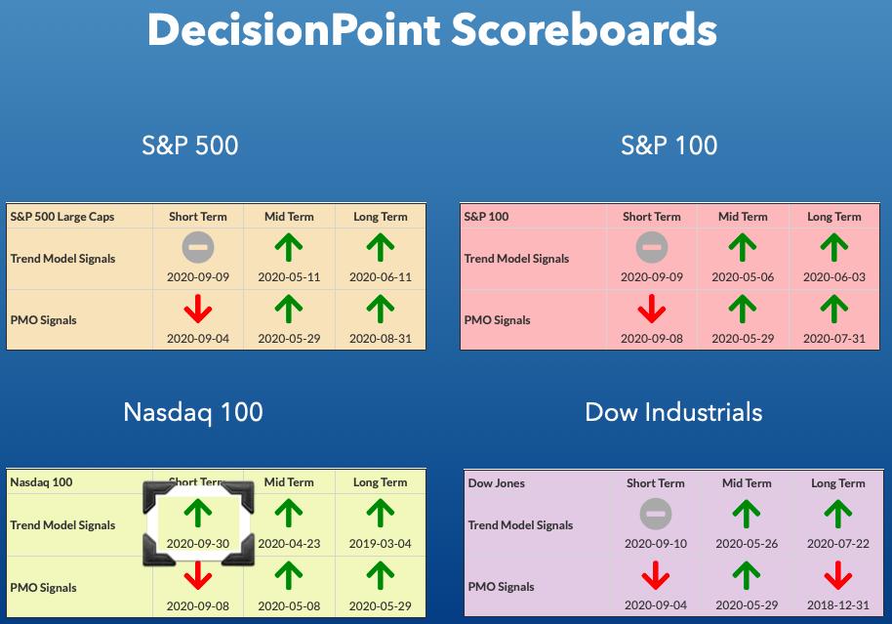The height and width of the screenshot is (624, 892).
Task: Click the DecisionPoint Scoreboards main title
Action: coord(431,29)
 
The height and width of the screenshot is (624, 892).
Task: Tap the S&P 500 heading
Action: coord(190,146)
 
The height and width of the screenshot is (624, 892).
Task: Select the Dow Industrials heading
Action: coord(673,412)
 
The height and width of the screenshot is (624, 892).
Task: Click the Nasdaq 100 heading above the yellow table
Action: coord(193,412)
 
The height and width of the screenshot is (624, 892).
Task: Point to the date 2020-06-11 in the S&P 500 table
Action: coord(380,277)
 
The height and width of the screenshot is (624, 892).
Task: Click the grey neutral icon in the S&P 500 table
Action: coord(198,247)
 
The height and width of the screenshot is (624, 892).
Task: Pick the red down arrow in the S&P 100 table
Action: coord(651,309)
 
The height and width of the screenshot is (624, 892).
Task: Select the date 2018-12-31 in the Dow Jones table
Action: coord(838,605)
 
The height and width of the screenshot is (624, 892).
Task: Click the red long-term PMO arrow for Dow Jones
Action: coord(838,575)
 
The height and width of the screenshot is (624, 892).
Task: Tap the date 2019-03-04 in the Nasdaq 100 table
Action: coord(380,544)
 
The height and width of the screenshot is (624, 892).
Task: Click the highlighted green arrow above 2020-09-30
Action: coord(198,513)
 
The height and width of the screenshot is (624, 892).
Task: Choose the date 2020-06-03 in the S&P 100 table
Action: coord(834,277)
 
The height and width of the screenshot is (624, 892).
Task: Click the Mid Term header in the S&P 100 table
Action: coord(743,217)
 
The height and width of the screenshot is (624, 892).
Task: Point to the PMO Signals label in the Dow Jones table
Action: coord(502,587)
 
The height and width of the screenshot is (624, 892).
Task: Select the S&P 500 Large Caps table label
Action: coord(62,217)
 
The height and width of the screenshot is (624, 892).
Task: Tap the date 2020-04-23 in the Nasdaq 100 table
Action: coord(289,544)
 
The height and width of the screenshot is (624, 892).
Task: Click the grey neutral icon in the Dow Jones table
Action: coord(656,514)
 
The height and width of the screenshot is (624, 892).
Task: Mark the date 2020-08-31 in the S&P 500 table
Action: coord(380,339)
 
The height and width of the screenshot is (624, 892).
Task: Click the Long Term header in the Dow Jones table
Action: coord(838,483)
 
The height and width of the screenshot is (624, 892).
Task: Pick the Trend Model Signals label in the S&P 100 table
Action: coord(516,259)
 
